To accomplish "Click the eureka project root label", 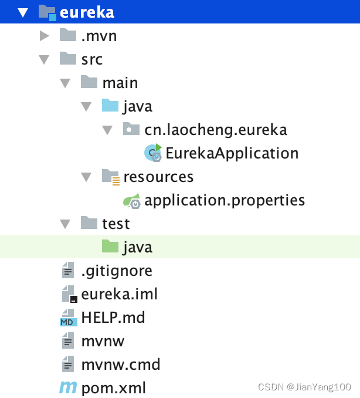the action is click(x=87, y=12).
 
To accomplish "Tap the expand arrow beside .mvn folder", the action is click(x=45, y=36).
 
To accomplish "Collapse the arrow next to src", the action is click(x=44, y=60).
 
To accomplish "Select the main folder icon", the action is click(x=89, y=82).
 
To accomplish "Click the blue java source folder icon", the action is click(x=110, y=105).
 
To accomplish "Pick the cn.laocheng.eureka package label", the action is click(x=216, y=130).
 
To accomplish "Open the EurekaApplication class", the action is click(x=232, y=153).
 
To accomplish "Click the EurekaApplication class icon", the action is click(x=153, y=153).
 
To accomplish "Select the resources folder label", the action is click(x=158, y=177).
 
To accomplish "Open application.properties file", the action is click(x=225, y=201).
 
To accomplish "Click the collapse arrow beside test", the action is click(x=65, y=224).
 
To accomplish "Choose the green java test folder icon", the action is click(x=110, y=246).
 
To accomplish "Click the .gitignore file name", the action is click(x=117, y=271).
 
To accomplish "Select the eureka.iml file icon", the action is click(x=69, y=294).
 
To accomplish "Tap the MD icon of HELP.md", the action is click(x=69, y=318).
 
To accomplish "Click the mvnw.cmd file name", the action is click(x=121, y=365).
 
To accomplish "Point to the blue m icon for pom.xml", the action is click(x=68, y=387).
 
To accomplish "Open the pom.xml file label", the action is click(x=114, y=389).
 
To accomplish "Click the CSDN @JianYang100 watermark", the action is click(x=304, y=387).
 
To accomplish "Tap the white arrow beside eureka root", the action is click(x=23, y=12).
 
